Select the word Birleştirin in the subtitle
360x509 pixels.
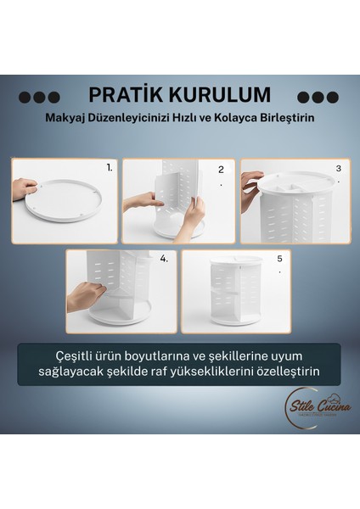(x=284, y=118)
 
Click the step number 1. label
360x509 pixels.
(x=110, y=168)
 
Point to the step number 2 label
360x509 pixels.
(x=221, y=170)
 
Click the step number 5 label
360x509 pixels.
(x=278, y=259)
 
